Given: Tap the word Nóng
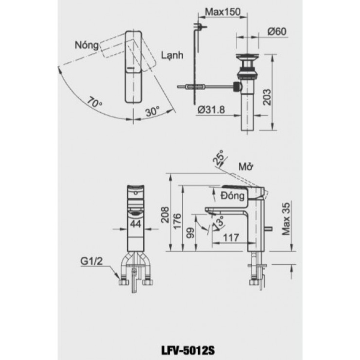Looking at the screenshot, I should coord(87,44).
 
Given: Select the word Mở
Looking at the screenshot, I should coord(244,167).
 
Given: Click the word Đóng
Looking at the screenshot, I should coord(232,196).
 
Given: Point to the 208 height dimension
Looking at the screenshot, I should coord(165,215).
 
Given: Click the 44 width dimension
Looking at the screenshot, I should coord(136,223).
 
